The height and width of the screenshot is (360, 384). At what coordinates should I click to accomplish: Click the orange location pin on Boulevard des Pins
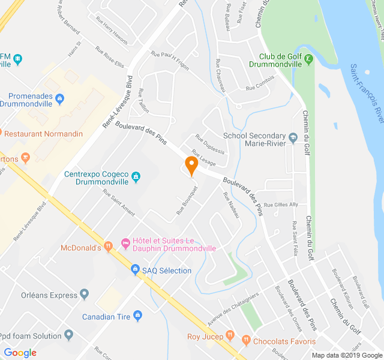tap(191, 165)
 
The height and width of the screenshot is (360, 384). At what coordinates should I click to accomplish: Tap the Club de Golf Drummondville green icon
tap(308, 58)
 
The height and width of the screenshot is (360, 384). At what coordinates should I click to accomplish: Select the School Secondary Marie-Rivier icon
tap(293, 137)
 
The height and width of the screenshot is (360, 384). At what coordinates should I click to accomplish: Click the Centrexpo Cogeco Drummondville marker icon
tap(136, 176)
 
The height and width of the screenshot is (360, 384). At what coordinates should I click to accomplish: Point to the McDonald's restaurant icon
tap(108, 245)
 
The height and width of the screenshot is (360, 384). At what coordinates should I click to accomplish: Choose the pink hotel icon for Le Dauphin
tap(125, 243)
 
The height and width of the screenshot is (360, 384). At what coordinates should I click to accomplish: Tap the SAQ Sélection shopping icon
tap(136, 270)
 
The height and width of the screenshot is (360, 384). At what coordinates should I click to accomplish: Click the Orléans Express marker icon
tap(85, 295)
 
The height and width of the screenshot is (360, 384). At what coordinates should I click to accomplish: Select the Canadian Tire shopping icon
tap(137, 316)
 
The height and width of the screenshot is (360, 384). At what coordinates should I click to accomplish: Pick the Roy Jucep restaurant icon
tap(229, 336)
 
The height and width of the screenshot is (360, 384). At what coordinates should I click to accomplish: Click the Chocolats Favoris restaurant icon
tap(245, 341)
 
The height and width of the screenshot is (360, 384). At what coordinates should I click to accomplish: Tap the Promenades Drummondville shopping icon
tap(59, 98)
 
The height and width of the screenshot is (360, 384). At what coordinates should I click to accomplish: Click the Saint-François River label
tap(366, 93)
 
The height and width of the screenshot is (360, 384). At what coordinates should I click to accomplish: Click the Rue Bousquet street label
tap(187, 200)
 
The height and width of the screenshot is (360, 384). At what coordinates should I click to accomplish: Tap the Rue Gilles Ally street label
tap(281, 205)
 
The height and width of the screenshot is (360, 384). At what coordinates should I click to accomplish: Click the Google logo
tap(20, 352)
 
